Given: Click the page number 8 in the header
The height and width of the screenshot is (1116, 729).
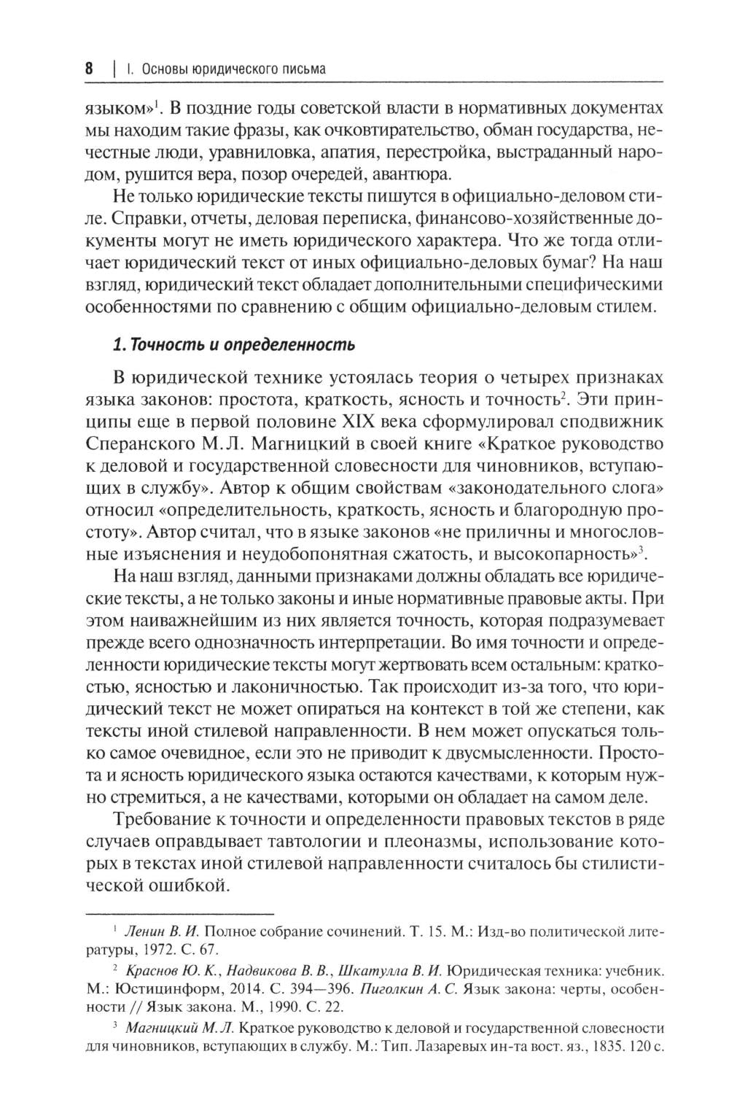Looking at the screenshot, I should coord(88,69).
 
